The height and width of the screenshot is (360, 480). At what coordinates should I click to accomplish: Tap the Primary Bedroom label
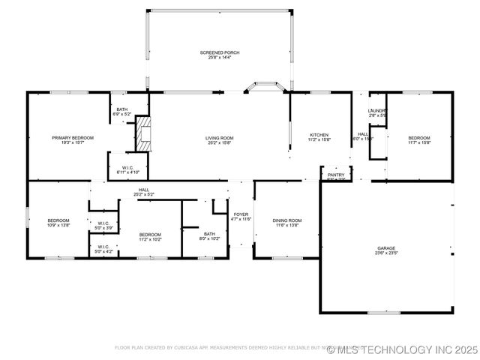click(x=73, y=140)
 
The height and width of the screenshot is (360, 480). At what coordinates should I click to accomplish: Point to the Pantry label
click(x=335, y=176)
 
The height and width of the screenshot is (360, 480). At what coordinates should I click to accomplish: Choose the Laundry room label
click(x=376, y=113)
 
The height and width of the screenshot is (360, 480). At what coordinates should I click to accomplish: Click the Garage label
click(x=387, y=250)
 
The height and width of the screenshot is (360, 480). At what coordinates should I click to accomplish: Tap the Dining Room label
click(x=286, y=222)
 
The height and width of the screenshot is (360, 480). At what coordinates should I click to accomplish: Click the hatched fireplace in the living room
click(x=143, y=133)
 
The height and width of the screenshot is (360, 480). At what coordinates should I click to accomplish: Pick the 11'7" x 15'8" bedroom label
click(x=419, y=140)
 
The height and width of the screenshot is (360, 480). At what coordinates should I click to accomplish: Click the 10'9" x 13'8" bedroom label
click(x=58, y=223)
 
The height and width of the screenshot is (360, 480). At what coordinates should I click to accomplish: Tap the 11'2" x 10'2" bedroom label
click(x=150, y=237)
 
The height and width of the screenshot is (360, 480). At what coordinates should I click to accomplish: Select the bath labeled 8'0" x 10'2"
click(x=209, y=236)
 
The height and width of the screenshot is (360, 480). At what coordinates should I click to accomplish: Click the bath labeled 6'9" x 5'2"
click(x=121, y=112)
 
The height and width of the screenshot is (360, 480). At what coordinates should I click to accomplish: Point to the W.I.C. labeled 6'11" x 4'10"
click(x=127, y=170)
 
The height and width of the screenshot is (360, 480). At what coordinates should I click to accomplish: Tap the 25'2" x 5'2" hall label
click(x=144, y=193)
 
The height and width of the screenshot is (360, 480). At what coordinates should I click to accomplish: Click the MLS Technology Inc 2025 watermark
click(x=401, y=349)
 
